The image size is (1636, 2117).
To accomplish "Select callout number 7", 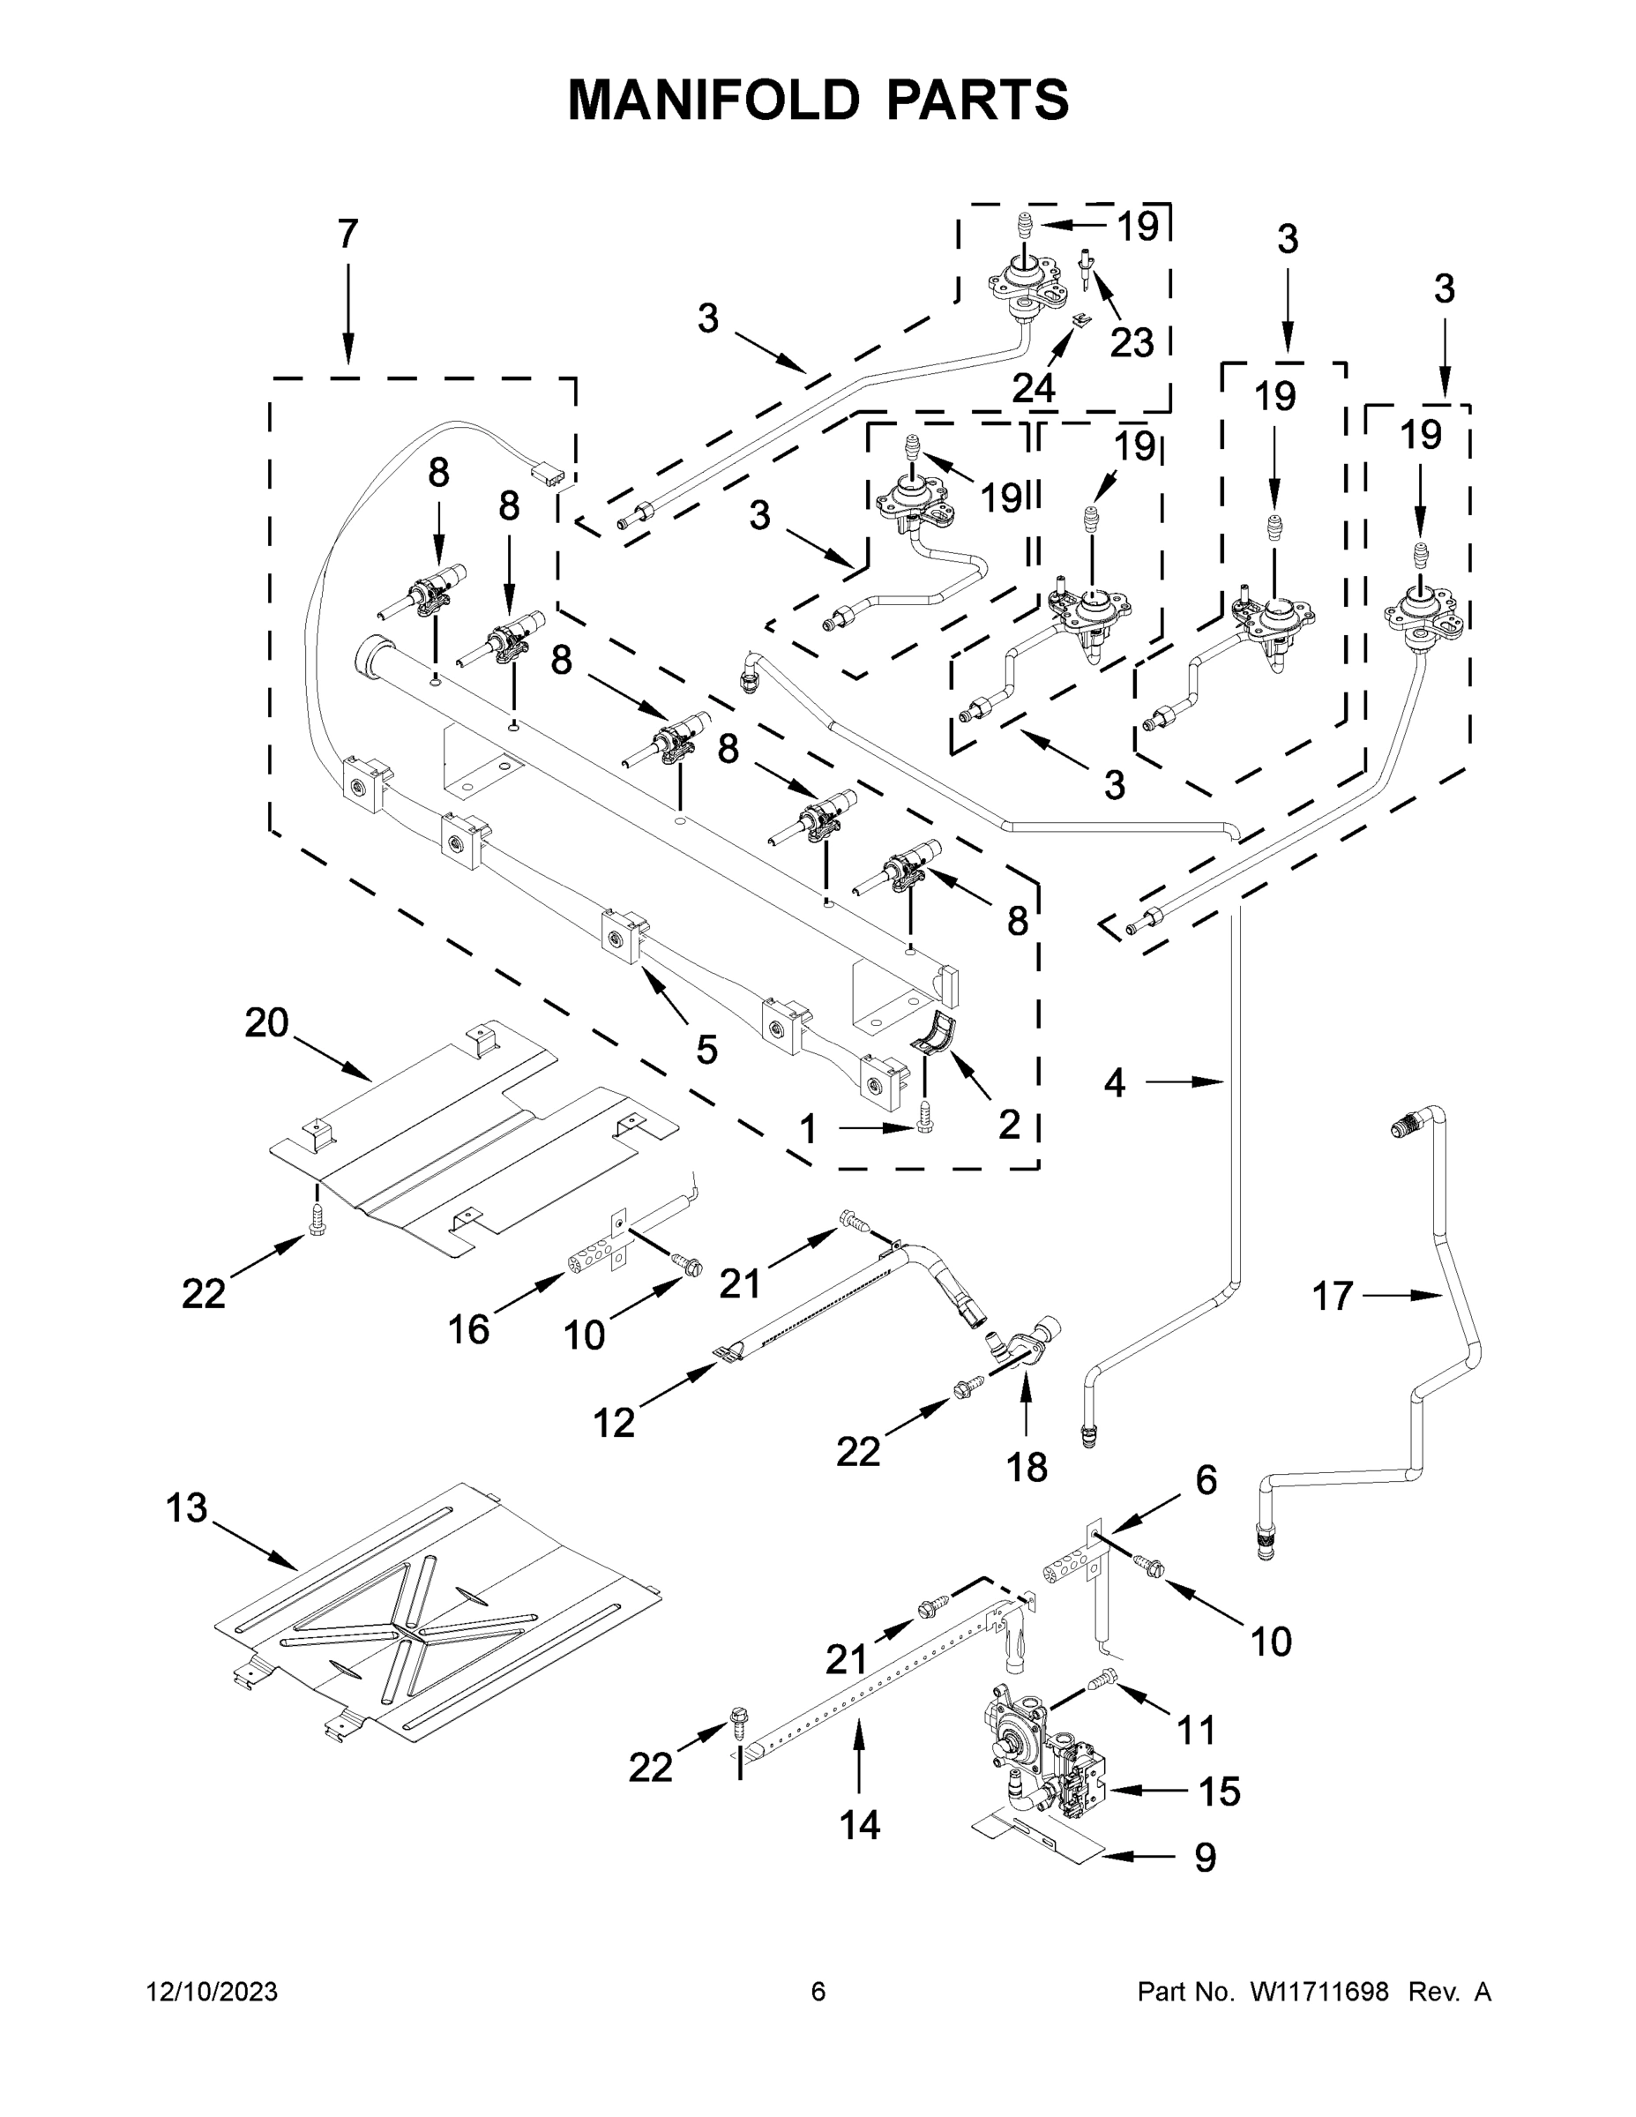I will coord(348,234).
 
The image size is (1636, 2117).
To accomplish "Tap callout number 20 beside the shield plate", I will coord(266,1022).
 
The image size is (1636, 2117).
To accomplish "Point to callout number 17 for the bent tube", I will coord(1332,1295).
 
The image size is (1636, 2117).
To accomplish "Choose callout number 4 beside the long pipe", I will coord(1115,1082).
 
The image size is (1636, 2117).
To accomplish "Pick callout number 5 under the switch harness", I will coord(706,1049).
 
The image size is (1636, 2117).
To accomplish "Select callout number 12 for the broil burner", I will coord(614,1423).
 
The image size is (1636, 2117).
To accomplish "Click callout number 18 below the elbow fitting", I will coord(1027,1468).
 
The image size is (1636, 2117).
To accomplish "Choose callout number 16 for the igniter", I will coord(468,1330).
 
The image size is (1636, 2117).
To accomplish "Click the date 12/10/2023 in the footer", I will coord(212,1992).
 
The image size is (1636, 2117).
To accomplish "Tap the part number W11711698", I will coord(1319,1992).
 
